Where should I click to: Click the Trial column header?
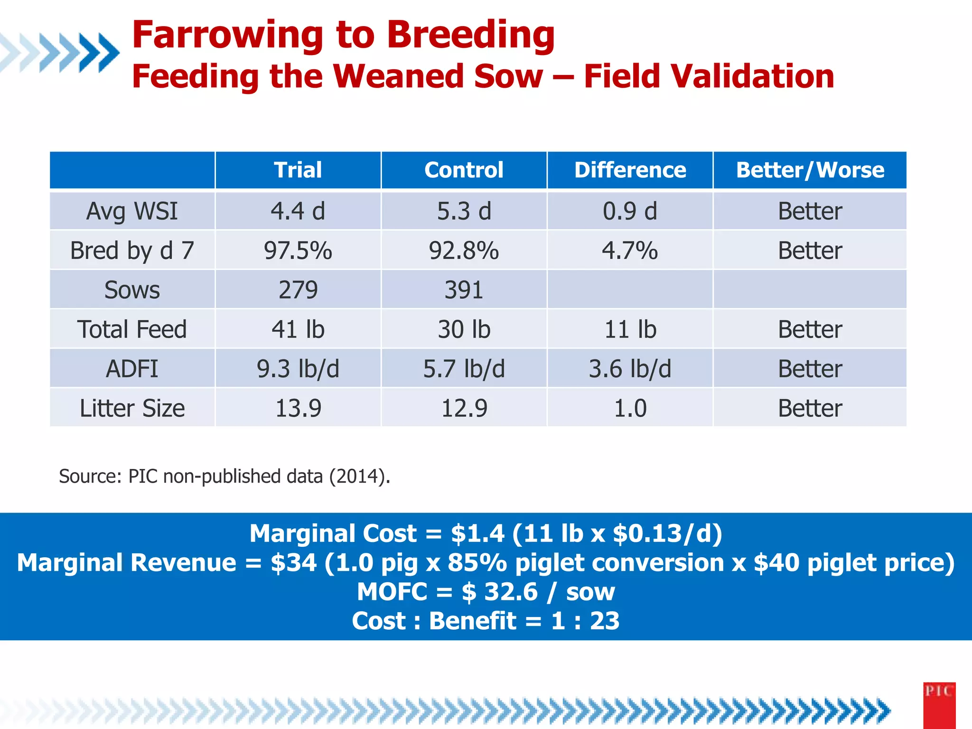pos(298,170)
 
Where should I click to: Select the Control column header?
pos(464,170)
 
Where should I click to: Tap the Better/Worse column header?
pos(810,170)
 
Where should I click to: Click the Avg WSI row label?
pos(132,211)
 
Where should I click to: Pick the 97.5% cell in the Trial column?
pos(298,251)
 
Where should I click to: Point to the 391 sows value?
pos(464,290)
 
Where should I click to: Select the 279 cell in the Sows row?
pos(298,290)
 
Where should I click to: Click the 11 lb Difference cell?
pos(630,329)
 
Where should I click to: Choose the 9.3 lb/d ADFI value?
pos(298,369)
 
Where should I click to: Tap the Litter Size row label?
pos(132,408)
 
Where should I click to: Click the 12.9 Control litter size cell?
pos(464,408)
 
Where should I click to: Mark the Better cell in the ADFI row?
pos(810,369)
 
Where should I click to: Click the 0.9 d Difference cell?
pos(630,211)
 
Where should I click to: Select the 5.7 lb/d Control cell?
pos(464,369)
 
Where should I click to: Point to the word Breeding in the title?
pos(470,36)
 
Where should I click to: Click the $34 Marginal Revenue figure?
pos(293,563)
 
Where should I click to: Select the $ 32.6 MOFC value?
pos(499,592)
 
